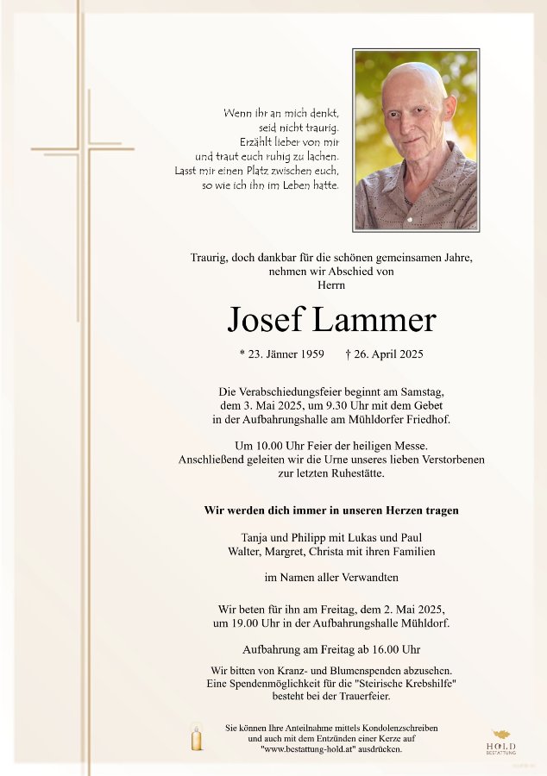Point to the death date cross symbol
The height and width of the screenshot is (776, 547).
point(348,354)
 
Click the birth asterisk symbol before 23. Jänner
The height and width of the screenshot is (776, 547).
point(242,354)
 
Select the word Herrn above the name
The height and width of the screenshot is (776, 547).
point(331,285)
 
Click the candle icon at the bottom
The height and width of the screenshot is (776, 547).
point(197,738)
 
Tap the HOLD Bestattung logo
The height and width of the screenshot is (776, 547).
point(501,742)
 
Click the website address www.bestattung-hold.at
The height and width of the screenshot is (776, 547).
point(306,749)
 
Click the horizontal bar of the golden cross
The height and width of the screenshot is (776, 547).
point(83,149)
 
